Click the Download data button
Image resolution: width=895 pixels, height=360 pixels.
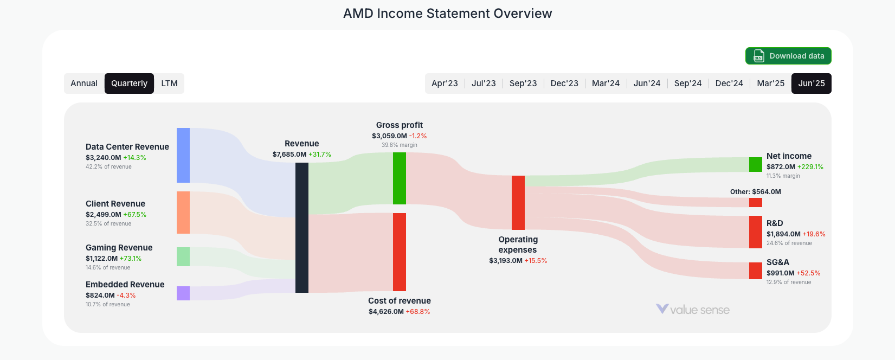(x=788, y=56)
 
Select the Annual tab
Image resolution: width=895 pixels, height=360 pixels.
(x=84, y=83)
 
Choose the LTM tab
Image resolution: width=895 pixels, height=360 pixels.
(x=169, y=83)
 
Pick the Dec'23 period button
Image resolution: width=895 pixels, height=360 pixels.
(x=564, y=83)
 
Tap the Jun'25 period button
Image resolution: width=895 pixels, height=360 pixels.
(x=811, y=83)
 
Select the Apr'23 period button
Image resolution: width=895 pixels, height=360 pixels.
(x=445, y=83)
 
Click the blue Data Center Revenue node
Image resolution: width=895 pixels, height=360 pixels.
(x=183, y=155)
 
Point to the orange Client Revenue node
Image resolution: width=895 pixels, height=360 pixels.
(x=183, y=213)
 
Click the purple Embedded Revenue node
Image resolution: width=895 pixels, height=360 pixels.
(x=183, y=293)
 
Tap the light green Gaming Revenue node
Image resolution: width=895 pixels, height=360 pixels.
(x=183, y=256)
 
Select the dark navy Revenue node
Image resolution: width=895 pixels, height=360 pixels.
(x=302, y=228)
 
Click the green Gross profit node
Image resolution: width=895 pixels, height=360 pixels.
(x=400, y=178)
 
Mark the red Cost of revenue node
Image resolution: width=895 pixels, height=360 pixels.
(x=400, y=252)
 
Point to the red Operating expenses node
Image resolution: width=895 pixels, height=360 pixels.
(x=518, y=203)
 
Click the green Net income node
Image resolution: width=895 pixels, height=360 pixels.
(x=756, y=164)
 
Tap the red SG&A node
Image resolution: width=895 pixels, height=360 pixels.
(x=756, y=271)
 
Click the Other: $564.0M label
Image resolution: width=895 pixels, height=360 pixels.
(x=755, y=192)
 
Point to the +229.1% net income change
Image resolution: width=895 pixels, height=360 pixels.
(x=810, y=167)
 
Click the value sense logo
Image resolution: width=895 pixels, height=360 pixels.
(x=693, y=310)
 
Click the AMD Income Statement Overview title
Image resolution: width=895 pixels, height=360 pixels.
(x=447, y=14)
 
